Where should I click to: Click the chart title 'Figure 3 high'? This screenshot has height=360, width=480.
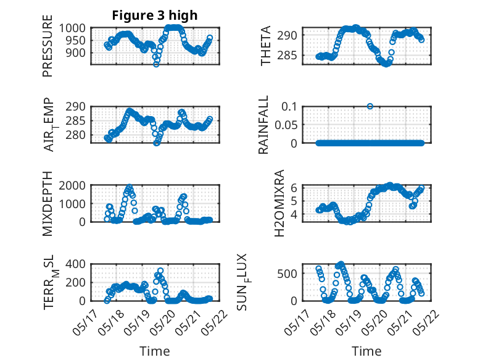[x=155, y=15]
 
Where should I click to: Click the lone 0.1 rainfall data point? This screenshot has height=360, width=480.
[x=370, y=106]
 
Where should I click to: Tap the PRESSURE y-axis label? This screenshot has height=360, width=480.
[x=48, y=46]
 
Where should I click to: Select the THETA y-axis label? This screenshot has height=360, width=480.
[x=266, y=46]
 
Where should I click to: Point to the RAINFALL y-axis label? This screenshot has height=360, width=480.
[x=263, y=125]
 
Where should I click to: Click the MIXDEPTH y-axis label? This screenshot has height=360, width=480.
[x=48, y=204]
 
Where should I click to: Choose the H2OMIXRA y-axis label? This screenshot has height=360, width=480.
[x=279, y=203]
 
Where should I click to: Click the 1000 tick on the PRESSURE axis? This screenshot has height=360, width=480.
[x=72, y=28]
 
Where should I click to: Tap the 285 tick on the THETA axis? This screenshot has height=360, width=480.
[x=287, y=56]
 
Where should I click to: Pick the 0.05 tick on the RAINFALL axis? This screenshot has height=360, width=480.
[x=286, y=125]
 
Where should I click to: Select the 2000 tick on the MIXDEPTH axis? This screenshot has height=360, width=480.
[x=72, y=185]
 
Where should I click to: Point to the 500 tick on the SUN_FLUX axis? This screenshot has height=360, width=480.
[x=287, y=274]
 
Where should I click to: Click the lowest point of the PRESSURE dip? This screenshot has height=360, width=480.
[x=156, y=64]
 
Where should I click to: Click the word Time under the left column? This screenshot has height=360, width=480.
[x=155, y=351]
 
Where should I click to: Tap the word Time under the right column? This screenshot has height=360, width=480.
[x=366, y=351]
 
